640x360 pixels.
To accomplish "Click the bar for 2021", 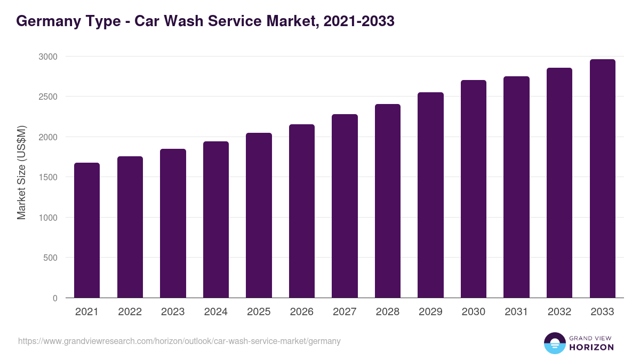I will pos(87,230).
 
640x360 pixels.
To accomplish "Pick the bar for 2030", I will pos(474,189).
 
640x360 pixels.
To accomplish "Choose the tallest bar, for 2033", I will pos(603,178).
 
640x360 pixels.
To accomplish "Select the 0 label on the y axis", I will pos(55,298).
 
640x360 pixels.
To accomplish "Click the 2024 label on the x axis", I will pos(215,312).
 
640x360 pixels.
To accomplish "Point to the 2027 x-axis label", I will pos(345,312).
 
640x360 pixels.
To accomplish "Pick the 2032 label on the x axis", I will pos(559,312).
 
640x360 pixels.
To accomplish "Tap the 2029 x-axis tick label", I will pos(430,312).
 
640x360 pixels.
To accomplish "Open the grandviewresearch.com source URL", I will pos(179,341).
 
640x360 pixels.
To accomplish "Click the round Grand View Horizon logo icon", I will pos(554,343).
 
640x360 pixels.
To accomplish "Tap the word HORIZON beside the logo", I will pos(591,347).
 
